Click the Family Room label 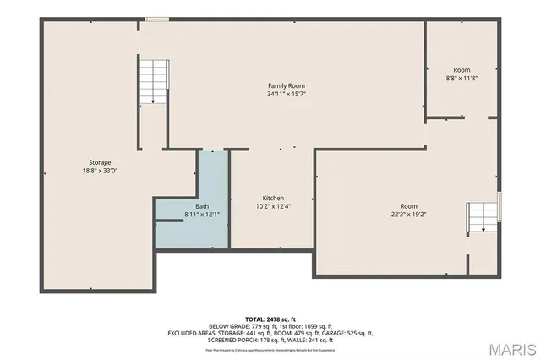286,86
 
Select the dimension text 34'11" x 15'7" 286,95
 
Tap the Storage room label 100,162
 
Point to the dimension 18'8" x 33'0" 100,171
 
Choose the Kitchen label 272,198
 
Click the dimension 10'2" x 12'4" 272,206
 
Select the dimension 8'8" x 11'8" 461,79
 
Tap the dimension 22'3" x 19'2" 409,215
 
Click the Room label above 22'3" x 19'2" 409,206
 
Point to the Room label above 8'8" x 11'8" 461,70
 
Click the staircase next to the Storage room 153,81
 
